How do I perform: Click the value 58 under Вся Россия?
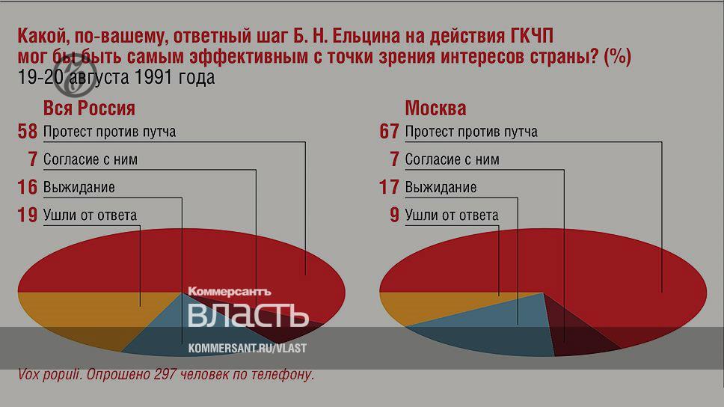click(x=27, y=131)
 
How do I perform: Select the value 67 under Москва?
click(x=389, y=131)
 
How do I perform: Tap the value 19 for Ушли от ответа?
click(x=27, y=215)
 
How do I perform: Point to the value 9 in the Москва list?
click(x=394, y=215)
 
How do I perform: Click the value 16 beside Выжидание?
click(x=27, y=187)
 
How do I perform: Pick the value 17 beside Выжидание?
click(x=389, y=187)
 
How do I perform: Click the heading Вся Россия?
click(x=89, y=108)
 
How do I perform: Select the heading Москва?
click(x=435, y=108)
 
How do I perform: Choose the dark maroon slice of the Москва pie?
click(x=577, y=335)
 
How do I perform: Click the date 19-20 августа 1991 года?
click(x=117, y=77)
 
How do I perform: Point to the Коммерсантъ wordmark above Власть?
click(x=230, y=292)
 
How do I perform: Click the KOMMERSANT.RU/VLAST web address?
click(x=247, y=349)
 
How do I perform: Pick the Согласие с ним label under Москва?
click(x=452, y=160)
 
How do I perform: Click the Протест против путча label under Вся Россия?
click(x=109, y=132)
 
